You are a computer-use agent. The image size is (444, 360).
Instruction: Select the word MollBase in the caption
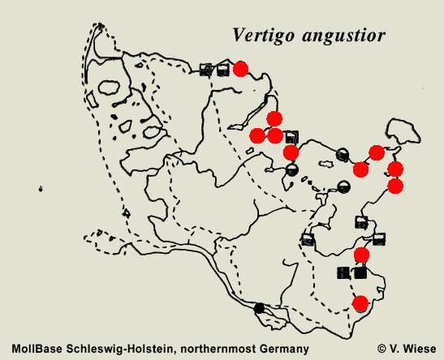click(37, 348)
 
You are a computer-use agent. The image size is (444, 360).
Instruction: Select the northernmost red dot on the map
click(240, 69)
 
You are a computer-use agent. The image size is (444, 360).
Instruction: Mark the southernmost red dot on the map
click(360, 303)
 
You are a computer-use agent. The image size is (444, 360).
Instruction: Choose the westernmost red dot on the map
click(257, 135)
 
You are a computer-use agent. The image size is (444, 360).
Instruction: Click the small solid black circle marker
click(260, 308)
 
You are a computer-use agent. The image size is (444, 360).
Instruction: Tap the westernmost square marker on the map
click(206, 70)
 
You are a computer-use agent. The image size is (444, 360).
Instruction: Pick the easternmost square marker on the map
click(379, 238)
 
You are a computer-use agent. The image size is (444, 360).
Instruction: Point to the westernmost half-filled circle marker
click(292, 169)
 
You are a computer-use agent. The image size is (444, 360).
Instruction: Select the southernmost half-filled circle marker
click(344, 187)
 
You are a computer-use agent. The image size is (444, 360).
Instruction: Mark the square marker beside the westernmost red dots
click(292, 136)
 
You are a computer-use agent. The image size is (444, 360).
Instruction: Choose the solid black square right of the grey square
click(360, 272)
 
